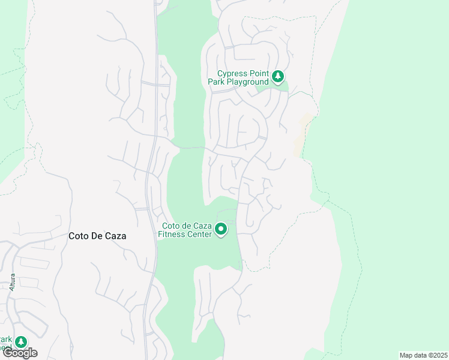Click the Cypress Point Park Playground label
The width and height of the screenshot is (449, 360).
(238, 77)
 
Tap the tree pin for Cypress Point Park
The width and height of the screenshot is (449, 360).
(277, 77)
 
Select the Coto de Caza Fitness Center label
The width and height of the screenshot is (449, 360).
(185, 230)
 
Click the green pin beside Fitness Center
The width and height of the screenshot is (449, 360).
(221, 229)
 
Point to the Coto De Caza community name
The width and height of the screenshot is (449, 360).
(97, 236)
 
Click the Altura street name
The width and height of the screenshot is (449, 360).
(12, 282)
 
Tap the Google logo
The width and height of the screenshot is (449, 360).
(19, 353)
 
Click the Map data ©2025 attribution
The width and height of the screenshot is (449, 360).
(423, 355)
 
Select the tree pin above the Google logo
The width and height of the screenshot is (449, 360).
(21, 342)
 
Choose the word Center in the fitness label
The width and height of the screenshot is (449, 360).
(200, 234)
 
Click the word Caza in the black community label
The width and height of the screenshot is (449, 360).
(115, 236)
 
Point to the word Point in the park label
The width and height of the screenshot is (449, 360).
(258, 73)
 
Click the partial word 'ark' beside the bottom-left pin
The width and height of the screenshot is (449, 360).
(5, 340)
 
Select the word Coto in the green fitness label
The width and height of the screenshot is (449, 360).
(171, 226)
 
